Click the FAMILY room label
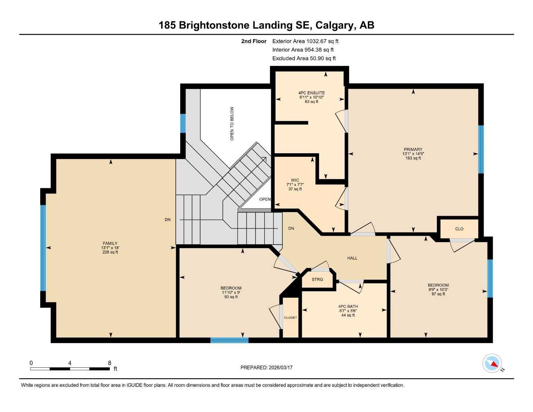pyautogui.click(x=110, y=243)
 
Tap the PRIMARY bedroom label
pyautogui.click(x=413, y=149)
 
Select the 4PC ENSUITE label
pyautogui.click(x=311, y=93)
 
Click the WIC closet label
pyautogui.click(x=295, y=180)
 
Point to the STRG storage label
pyautogui.click(x=317, y=279)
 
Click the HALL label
pyautogui.click(x=352, y=258)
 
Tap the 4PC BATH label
pyautogui.click(x=348, y=307)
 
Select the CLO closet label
pyautogui.click(x=459, y=229)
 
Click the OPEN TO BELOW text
pyautogui.click(x=232, y=124)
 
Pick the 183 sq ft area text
pyautogui.click(x=413, y=158)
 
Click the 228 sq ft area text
pyautogui.click(x=110, y=252)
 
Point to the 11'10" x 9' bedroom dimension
pyautogui.click(x=231, y=293)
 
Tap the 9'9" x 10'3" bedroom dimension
pyautogui.click(x=438, y=290)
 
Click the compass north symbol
pyautogui.click(x=492, y=364)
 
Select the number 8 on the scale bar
pyautogui.click(x=109, y=363)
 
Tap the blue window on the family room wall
pyautogui.click(x=43, y=247)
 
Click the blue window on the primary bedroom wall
pyautogui.click(x=481, y=149)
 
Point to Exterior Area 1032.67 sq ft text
pyautogui.click(x=305, y=41)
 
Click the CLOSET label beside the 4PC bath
pyautogui.click(x=290, y=318)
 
